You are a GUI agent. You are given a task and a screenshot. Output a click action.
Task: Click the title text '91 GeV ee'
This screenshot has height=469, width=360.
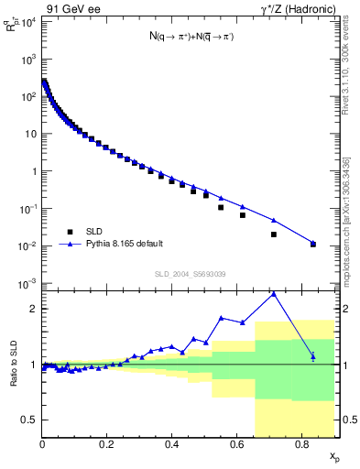point(72,11)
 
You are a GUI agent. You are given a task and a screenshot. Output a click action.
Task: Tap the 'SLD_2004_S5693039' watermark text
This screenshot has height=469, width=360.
point(189,274)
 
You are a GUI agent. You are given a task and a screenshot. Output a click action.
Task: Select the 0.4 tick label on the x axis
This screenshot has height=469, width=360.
point(171,444)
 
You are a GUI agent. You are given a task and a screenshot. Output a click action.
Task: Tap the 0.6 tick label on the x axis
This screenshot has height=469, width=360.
point(236,444)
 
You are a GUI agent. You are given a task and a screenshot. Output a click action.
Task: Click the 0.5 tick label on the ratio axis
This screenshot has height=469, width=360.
point(30,420)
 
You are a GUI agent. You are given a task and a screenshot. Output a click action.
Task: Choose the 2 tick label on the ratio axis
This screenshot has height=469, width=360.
point(33,309)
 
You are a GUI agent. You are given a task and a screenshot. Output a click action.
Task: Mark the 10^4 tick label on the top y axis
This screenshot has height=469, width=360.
point(28,21)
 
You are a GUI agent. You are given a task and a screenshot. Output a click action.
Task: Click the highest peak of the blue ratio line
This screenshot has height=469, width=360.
point(274,293)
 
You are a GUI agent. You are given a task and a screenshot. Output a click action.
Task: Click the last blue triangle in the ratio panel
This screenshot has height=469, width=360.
point(313,355)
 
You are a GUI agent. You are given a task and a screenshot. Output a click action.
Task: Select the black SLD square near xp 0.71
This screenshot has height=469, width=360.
point(274,234)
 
